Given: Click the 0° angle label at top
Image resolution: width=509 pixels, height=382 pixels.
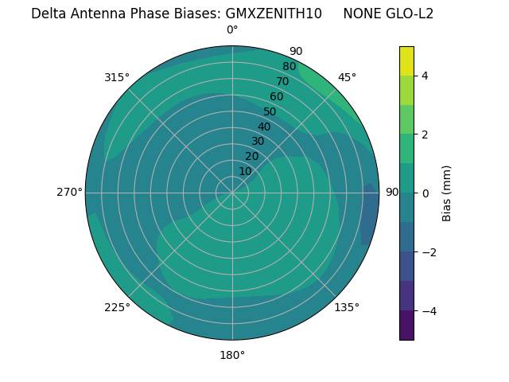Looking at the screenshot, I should pos(232,30).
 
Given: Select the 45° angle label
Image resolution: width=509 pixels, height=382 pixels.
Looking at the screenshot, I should pos(347,77).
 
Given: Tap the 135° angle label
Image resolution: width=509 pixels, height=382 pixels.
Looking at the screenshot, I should pos(347,307).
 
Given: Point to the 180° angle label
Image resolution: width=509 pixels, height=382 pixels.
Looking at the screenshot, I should pos(232,355).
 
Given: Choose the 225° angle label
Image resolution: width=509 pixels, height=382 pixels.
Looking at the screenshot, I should pos(117,307).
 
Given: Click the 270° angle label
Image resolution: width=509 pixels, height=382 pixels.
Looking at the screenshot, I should pos(69,192).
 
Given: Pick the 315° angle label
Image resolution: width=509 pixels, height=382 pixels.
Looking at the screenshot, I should pos(117,77).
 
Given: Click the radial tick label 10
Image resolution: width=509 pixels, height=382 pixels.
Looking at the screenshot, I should pos(245,171).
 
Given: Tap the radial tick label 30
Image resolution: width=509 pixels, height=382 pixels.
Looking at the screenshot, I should pos(258,141).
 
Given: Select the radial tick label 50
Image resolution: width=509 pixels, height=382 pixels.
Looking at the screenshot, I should pos(270,111).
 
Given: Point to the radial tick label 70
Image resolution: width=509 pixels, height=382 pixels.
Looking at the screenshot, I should pos(282,81).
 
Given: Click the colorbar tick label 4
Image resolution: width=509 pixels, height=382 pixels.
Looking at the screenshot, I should pos(425,76).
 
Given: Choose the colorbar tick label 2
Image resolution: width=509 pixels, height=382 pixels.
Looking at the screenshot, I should pos(425,134).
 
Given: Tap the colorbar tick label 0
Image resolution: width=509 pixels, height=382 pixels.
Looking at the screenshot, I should pos(425,193).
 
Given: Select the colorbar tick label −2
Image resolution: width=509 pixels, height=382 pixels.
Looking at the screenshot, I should pos(427,251).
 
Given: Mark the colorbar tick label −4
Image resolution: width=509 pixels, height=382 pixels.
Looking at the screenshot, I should pos(427,310).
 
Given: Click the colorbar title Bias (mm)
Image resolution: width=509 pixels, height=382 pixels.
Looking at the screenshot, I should pos(447,193).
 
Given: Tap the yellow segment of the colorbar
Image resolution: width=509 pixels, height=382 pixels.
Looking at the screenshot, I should pos(406,61).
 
